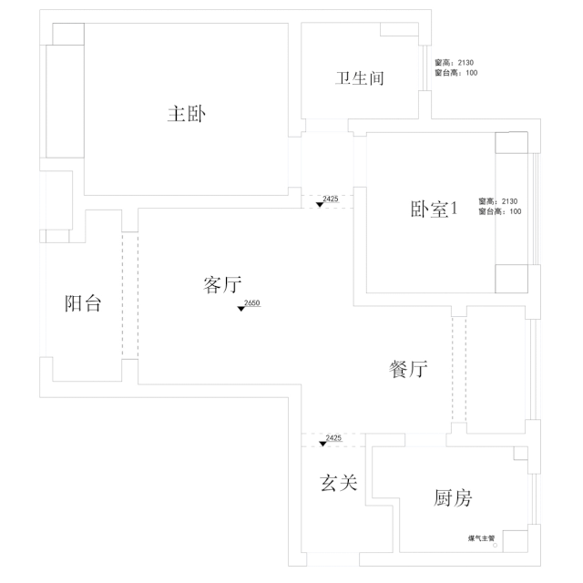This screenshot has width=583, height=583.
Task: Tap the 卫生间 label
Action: [360, 78]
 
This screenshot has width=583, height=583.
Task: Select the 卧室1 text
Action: [432, 209]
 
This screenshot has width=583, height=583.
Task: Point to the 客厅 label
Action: [220, 286]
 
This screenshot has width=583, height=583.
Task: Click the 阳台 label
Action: [83, 304]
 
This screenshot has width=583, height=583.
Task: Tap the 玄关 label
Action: [338, 483]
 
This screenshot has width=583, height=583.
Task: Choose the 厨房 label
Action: [453, 498]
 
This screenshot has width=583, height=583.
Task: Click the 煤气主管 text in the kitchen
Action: [481, 538]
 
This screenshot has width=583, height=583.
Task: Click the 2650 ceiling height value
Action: [252, 302]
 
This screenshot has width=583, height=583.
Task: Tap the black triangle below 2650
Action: [241, 309]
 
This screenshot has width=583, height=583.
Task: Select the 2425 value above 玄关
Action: [333, 438]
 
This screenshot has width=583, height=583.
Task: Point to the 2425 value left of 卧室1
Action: [331, 199]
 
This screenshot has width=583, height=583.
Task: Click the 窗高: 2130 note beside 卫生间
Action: [455, 62]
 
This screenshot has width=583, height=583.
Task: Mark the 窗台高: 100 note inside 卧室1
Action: [499, 211]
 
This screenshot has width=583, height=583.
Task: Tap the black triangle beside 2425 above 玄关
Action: [322, 444]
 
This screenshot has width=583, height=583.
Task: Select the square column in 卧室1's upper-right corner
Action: [511, 144]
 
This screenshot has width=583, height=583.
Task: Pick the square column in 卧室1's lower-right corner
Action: [511, 279]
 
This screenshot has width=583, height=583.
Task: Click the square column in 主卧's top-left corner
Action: [67, 32]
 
